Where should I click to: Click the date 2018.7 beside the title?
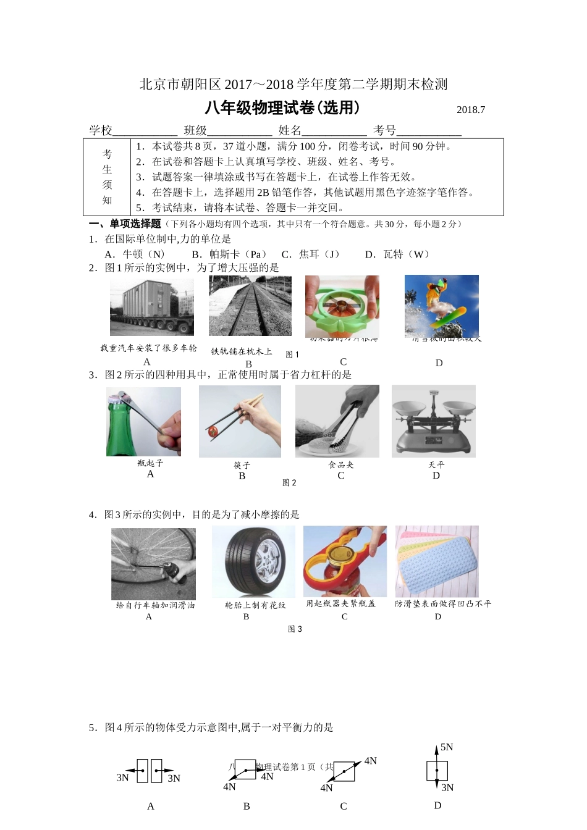pos(471,110)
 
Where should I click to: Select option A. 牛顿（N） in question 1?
pos(135,254)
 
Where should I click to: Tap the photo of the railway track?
pos(250,306)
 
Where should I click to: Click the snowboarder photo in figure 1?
pos(441,306)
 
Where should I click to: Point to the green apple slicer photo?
pos(342,307)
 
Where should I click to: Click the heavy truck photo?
pos(151,308)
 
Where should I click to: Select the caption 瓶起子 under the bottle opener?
pos(150,463)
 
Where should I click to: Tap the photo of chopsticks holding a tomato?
pos(240,422)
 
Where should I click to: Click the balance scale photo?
pos(434,421)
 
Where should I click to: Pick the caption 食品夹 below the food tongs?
pos(341,465)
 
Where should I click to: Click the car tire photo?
pos(252,562)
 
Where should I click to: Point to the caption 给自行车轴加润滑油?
pos(155,605)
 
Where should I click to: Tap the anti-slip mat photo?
pos(437,561)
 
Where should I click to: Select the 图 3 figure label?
pos(295,629)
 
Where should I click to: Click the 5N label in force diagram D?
pos(447,747)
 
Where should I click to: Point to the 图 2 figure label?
pos(289,483)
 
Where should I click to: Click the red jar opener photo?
pos(345,561)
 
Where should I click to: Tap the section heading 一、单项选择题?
pos(125,224)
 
